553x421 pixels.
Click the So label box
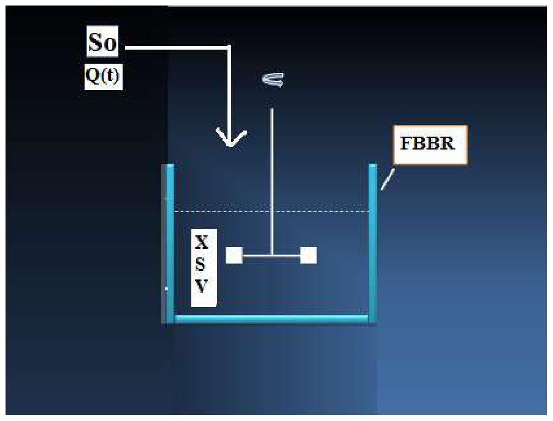click(x=102, y=41)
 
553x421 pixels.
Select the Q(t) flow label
click(x=104, y=77)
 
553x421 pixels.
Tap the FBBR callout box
click(x=430, y=145)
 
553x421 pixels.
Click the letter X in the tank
click(x=201, y=243)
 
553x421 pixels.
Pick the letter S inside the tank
click(x=200, y=264)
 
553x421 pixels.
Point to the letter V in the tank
click(x=201, y=286)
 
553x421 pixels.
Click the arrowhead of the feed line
click(x=231, y=138)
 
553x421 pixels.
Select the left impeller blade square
click(x=234, y=256)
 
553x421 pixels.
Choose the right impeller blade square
click(x=308, y=256)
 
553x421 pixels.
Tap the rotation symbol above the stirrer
click(x=273, y=80)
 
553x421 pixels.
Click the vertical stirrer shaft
click(x=272, y=181)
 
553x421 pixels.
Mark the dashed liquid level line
click(x=272, y=211)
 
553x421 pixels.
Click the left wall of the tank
click(x=168, y=243)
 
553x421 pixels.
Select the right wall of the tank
click(x=373, y=243)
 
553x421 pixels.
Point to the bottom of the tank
click(x=272, y=319)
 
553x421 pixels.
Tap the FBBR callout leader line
click(x=387, y=180)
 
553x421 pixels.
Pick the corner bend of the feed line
click(x=229, y=47)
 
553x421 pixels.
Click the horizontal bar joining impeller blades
click(x=272, y=256)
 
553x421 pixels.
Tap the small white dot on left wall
click(x=167, y=289)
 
